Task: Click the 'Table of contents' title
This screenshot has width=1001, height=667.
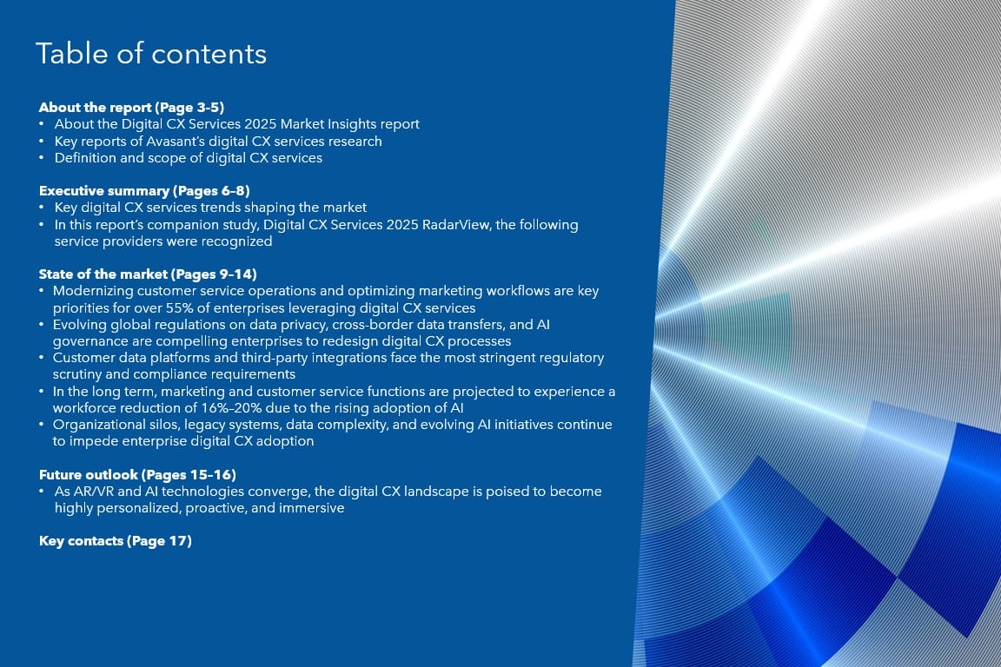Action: pos(151,54)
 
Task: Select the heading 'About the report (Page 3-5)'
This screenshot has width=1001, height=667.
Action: pos(131,107)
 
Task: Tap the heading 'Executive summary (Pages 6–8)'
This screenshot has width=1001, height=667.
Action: pos(144,191)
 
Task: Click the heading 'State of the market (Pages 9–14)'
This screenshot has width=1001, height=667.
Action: pos(148,274)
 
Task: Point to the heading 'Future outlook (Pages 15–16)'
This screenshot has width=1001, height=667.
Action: pos(137,475)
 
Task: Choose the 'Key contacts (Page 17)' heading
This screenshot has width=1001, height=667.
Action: pos(115,541)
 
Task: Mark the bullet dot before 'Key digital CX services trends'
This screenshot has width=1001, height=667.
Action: pos(42,208)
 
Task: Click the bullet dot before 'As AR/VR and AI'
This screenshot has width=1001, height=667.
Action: pos(42,492)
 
